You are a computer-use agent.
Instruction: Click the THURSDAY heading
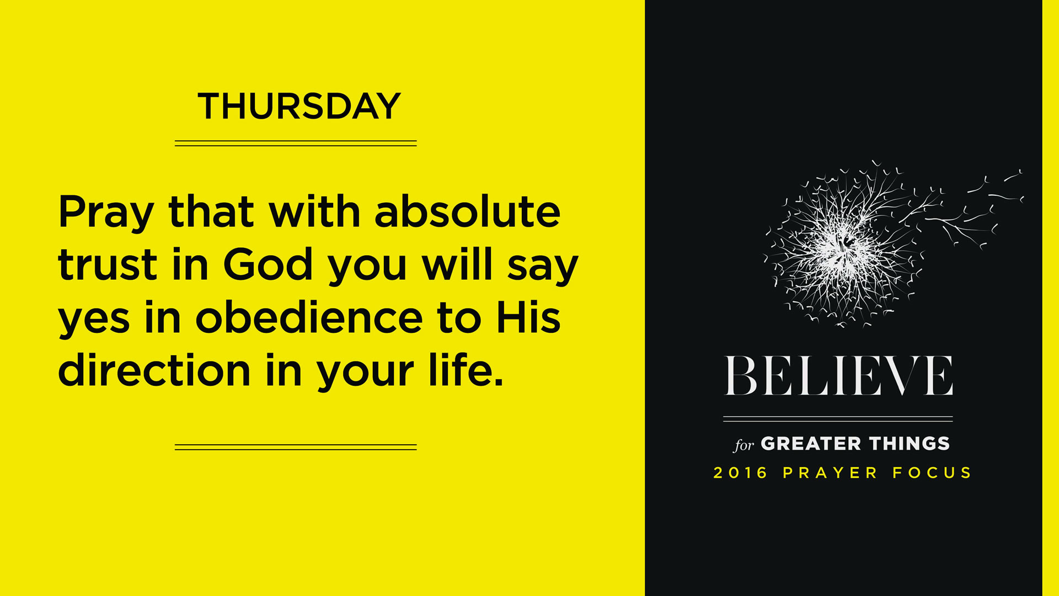[299, 106]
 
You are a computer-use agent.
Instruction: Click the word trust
[108, 265]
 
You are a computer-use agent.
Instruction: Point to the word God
[269, 263]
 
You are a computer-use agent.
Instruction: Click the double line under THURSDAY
[296, 143]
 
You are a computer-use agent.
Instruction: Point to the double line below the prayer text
[296, 448]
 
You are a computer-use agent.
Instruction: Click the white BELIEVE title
[838, 375]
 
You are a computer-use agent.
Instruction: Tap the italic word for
[744, 445]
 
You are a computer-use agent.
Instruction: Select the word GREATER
[811, 444]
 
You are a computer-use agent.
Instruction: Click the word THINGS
[910, 444]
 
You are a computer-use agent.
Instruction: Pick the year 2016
[740, 473]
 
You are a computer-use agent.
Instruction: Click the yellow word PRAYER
[830, 473]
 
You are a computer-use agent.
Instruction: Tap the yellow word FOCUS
[932, 473]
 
